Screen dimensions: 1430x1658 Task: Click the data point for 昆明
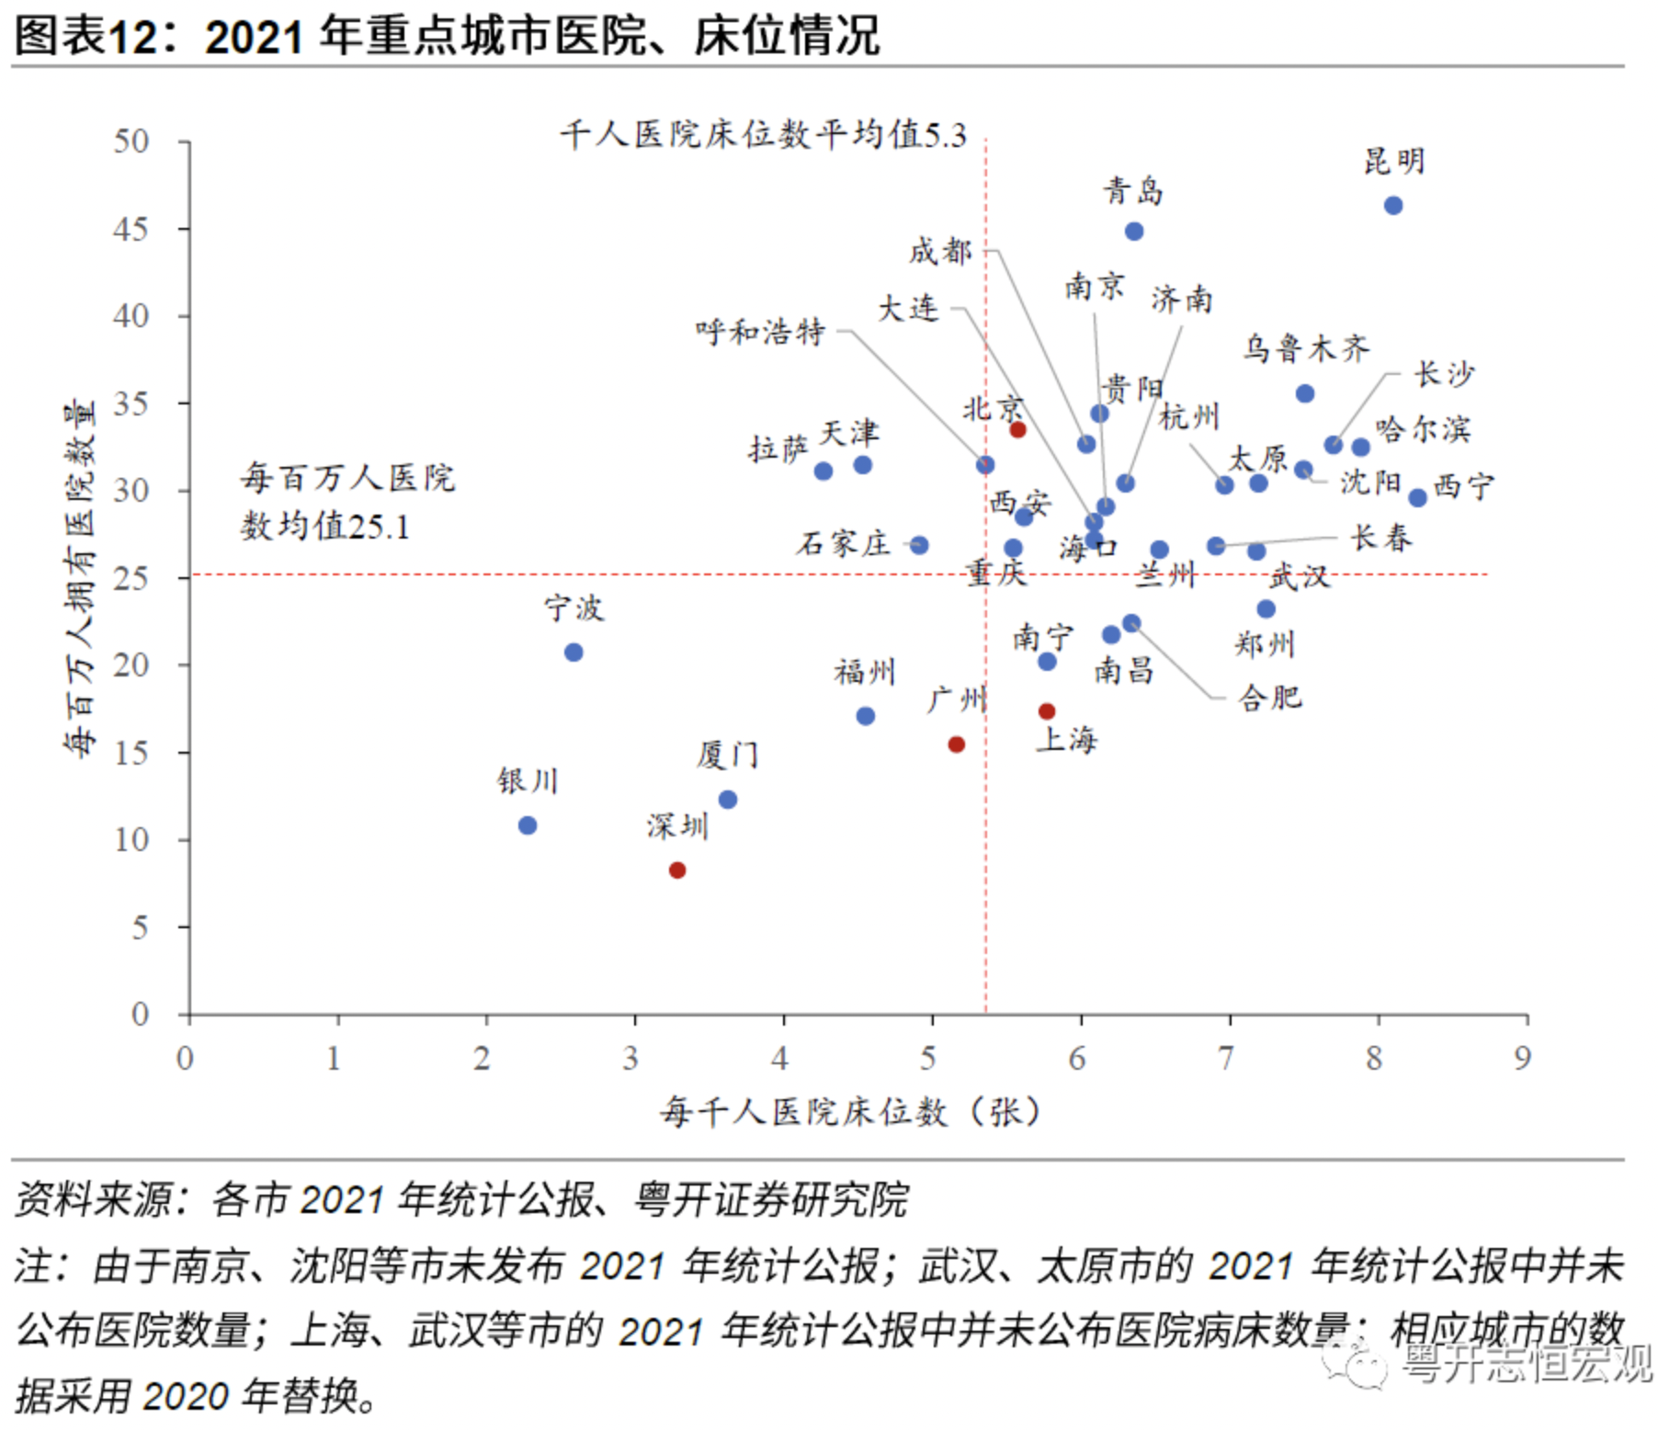coord(1393,206)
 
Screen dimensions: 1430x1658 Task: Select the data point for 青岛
coord(1134,232)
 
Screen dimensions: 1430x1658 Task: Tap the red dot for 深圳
coord(677,870)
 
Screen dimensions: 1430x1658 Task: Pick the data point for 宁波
coord(573,653)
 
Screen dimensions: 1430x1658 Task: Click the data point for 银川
coord(528,825)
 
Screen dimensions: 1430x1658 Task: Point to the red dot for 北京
coord(1017,430)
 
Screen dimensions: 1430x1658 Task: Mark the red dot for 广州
coord(957,744)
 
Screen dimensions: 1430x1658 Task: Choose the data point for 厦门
coord(727,800)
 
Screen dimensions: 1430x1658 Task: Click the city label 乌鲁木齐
coord(1306,349)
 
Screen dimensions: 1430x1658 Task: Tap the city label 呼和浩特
coord(760,332)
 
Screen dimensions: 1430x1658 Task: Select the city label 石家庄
coord(844,544)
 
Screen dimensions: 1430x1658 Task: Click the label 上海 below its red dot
coord(1066,740)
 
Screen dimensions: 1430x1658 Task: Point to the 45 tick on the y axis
coord(131,229)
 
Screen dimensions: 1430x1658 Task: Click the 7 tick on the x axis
coord(1226,1059)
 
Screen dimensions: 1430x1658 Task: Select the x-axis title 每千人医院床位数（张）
coord(850,1112)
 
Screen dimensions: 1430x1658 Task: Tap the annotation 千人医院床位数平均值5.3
coord(763,136)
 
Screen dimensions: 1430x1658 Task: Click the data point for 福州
coord(866,716)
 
